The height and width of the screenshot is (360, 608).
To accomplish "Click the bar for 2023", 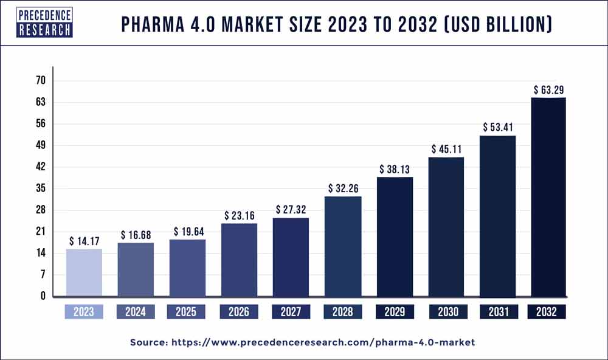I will [x=83, y=272].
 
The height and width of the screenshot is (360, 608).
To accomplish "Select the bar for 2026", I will [x=238, y=260].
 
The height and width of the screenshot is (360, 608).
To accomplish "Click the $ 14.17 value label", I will [x=83, y=240].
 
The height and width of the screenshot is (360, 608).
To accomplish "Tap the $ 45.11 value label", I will [x=445, y=149].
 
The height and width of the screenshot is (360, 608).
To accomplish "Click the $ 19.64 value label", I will [x=187, y=231].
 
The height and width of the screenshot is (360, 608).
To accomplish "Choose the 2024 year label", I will [x=135, y=312].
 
